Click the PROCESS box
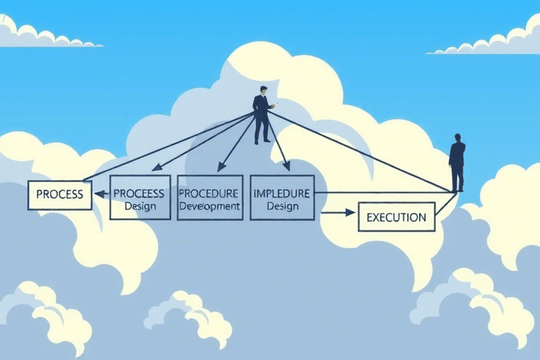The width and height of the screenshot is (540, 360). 60,195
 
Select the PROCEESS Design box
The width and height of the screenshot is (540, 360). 140,198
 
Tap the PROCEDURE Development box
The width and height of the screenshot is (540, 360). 210,198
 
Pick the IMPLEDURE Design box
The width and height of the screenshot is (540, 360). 282,197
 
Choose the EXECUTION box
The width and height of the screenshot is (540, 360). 397,217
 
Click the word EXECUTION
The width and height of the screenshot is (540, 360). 397,217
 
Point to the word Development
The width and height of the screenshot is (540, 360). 210,206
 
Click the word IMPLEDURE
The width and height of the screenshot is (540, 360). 282,193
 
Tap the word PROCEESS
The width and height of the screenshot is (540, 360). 139,193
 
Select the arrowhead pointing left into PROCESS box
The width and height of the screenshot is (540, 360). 99,194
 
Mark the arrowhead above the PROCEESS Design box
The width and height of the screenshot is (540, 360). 156,169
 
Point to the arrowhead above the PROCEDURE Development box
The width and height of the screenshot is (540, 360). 221,167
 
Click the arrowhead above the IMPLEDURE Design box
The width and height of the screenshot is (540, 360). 286,166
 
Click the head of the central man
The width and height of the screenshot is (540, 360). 263,90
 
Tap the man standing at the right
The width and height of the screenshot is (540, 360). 457,163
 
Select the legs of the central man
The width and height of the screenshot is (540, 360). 262,129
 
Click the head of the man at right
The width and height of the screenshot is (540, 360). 458,138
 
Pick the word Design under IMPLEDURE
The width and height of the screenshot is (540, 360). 282,206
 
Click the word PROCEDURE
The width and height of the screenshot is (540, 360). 210,193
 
